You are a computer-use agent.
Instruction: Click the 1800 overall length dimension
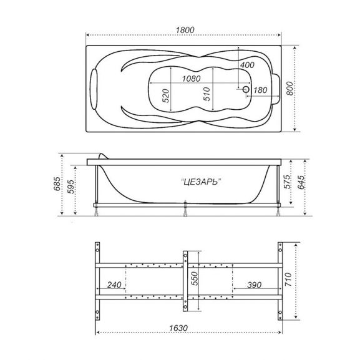(x=185, y=30)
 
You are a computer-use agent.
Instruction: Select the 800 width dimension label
(x=289, y=89)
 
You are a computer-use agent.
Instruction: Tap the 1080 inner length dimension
(x=192, y=79)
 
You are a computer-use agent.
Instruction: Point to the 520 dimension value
(x=165, y=95)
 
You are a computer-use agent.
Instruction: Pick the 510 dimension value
(x=207, y=94)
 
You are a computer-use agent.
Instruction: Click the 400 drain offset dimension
(x=247, y=65)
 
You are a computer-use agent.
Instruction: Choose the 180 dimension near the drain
(x=260, y=90)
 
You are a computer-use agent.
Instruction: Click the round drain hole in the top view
(x=246, y=90)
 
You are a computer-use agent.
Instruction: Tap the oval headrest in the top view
(x=94, y=89)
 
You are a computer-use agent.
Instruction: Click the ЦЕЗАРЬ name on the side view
(x=201, y=182)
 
